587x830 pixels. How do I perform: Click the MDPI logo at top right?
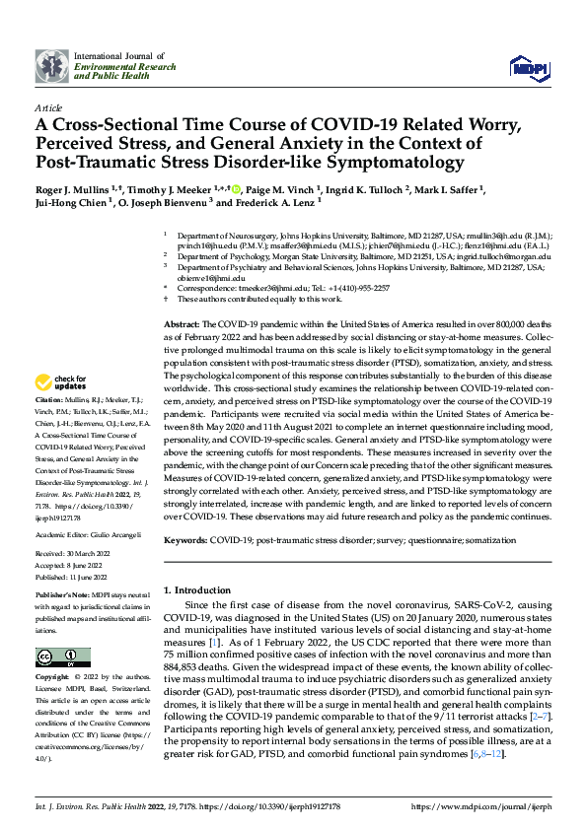529,66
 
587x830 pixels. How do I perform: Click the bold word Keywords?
184,540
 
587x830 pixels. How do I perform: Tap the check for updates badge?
61,382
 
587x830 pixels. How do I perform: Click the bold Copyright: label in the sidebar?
52,679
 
